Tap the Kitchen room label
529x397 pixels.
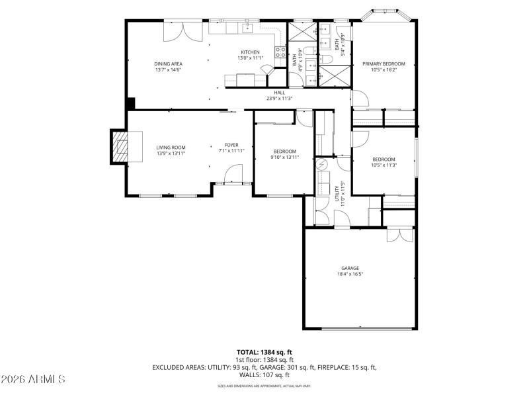click(250, 52)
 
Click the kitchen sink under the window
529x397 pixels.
click(249, 28)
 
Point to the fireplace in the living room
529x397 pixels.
click(120, 145)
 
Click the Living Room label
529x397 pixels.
click(171, 148)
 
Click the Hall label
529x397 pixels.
click(279, 93)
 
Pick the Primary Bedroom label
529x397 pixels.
click(384, 64)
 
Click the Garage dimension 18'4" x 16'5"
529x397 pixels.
click(350, 273)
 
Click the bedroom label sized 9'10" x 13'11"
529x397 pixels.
click(285, 152)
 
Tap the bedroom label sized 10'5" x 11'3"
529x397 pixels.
click(384, 159)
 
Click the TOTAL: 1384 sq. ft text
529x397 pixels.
click(264, 352)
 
